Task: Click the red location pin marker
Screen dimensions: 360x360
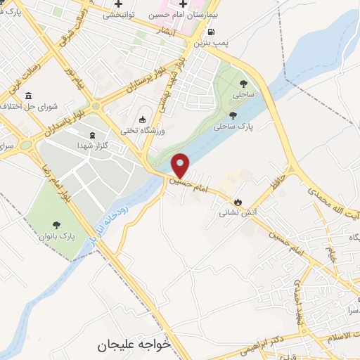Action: coord(181,165)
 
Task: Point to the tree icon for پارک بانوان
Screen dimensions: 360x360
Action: coord(56,225)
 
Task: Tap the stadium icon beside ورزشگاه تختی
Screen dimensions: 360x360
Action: coord(143,120)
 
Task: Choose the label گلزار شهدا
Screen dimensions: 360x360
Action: coord(92,145)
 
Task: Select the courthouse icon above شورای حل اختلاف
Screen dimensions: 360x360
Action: coord(27,96)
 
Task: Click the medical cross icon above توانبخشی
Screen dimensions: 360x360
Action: coord(128,4)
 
